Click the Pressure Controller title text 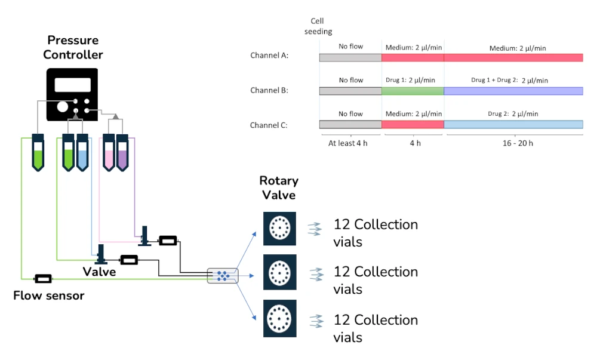pos(73,48)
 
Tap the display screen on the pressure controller pos(72,85)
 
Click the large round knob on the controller pos(63,107)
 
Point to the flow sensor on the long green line pos(43,279)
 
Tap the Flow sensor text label pos(49,296)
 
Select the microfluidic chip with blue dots pos(222,275)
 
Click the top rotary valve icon pos(279,228)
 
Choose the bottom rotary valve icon pos(279,321)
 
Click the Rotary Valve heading pos(279,187)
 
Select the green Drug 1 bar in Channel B pos(413,91)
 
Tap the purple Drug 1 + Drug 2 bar pos(513,91)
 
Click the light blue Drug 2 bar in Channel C pos(513,124)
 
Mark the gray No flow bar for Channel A pos(350,57)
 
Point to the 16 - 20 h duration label pos(513,143)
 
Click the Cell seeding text pos(318,26)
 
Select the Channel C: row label pos(269,125)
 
